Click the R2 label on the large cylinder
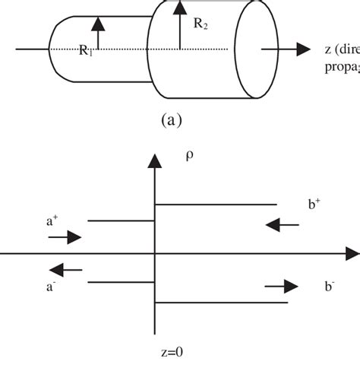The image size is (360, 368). [201, 24]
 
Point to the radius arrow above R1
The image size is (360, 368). [96, 30]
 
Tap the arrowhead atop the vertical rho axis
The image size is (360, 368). [155, 160]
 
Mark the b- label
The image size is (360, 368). [329, 286]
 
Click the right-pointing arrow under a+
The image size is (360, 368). [65, 238]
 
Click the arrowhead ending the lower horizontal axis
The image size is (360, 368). [352, 252]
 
